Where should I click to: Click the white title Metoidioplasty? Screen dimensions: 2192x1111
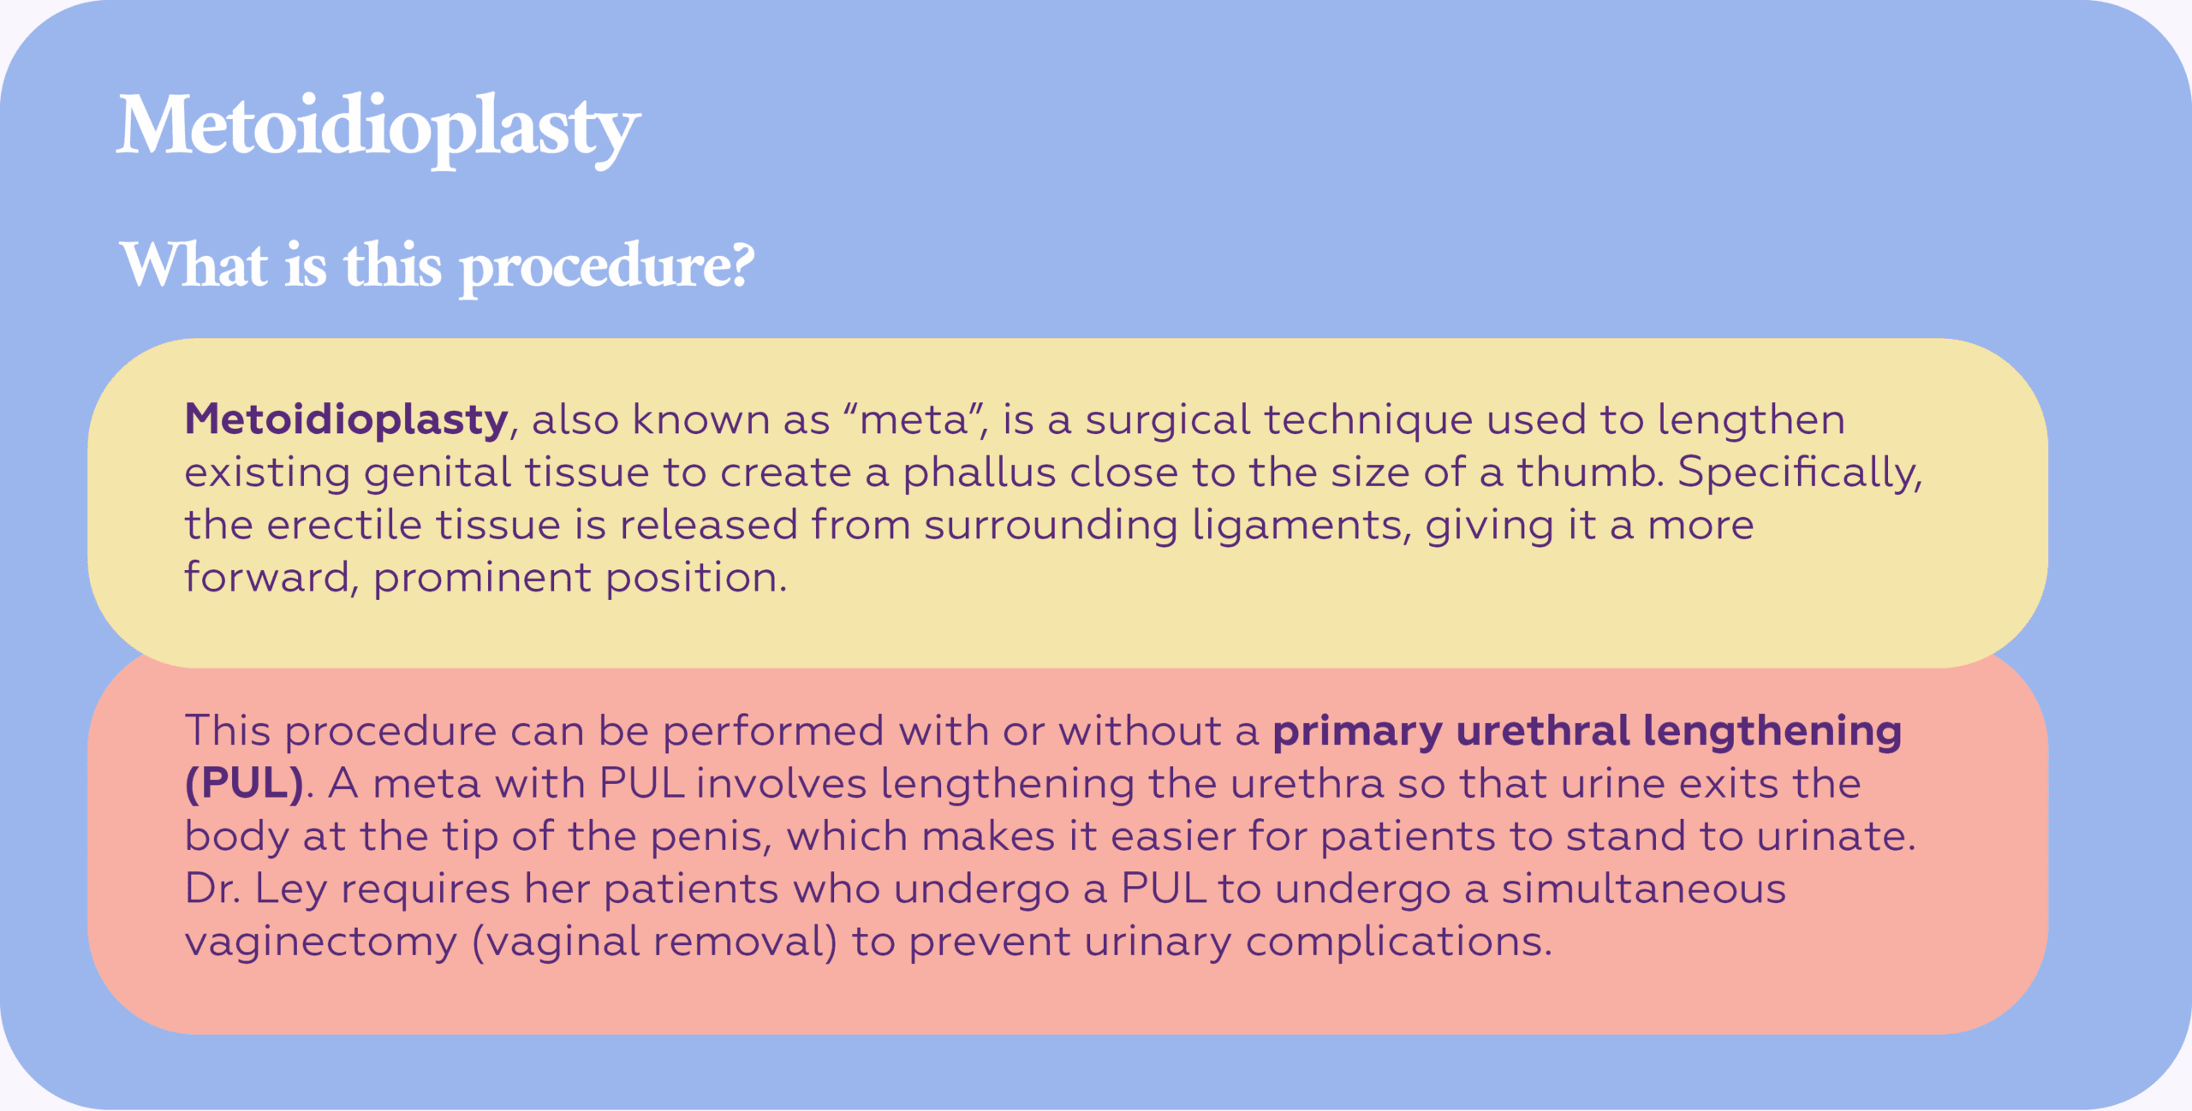tap(378, 128)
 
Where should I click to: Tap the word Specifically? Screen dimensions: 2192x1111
tap(1800, 473)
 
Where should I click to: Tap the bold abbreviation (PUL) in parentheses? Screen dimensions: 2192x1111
tap(245, 784)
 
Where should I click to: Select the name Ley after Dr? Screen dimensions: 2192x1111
tap(291, 889)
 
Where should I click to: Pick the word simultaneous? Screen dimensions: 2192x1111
tap(1644, 888)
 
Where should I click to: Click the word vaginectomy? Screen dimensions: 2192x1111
tap(321, 942)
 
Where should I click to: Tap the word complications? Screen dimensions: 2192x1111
tap(1399, 942)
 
